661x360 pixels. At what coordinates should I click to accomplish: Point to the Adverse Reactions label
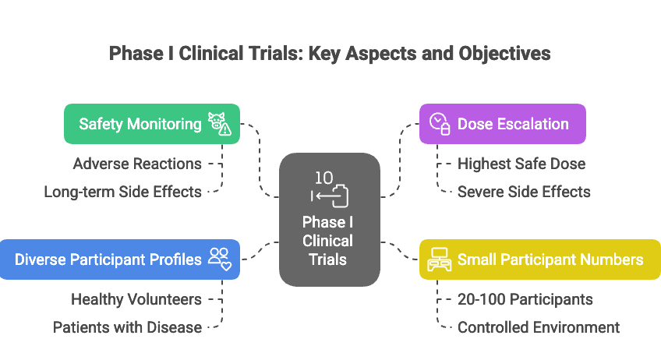point(137,164)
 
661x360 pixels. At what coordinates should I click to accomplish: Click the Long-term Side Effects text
point(122,192)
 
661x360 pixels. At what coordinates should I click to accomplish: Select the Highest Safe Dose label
point(521,164)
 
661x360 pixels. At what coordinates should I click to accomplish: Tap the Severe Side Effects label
point(524,192)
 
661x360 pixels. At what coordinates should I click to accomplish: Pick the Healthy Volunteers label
point(136,299)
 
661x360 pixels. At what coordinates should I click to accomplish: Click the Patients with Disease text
point(127,327)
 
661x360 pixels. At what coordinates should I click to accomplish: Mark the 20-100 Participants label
point(525,299)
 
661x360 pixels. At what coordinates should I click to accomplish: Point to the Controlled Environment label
point(539,327)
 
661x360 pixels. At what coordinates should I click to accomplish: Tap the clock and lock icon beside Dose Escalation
point(440,124)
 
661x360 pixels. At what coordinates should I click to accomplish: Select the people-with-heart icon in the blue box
point(220,259)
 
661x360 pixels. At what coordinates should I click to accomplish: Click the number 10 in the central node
point(325,178)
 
